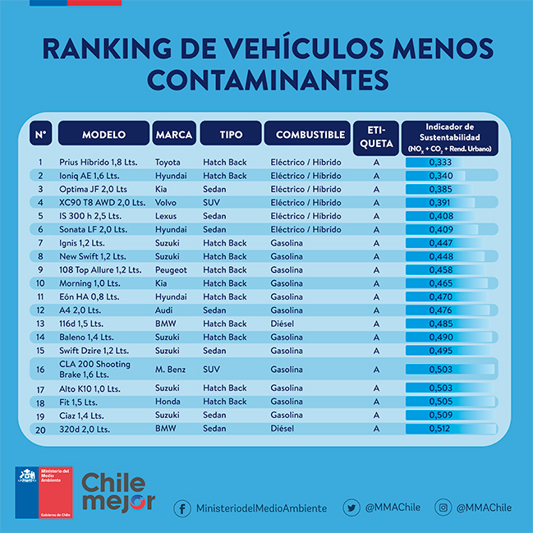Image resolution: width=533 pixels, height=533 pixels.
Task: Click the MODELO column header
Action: pos(103,134)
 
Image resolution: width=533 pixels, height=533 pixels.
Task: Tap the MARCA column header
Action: pos(174,134)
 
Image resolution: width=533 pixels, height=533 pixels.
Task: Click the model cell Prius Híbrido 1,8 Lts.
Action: pos(96,163)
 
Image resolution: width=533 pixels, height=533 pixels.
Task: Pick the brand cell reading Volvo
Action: pos(168,203)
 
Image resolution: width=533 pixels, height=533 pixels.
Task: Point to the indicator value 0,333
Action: pos(441,163)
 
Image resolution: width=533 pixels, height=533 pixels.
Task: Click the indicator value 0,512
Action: pos(441,429)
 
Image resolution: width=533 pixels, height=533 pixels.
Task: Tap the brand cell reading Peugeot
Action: pos(171,270)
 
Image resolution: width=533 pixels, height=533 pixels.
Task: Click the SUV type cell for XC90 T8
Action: pos(213,203)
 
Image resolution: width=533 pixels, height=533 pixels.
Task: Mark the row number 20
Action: pos(39,429)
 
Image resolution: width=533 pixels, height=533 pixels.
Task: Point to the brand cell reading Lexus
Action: pos(168,216)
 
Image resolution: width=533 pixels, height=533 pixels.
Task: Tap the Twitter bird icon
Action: pos(352,508)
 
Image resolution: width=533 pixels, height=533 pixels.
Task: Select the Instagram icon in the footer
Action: pos(443,508)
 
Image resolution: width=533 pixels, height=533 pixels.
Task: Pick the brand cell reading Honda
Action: pos(168,402)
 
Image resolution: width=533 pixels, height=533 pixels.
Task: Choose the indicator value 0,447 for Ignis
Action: pos(441,243)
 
